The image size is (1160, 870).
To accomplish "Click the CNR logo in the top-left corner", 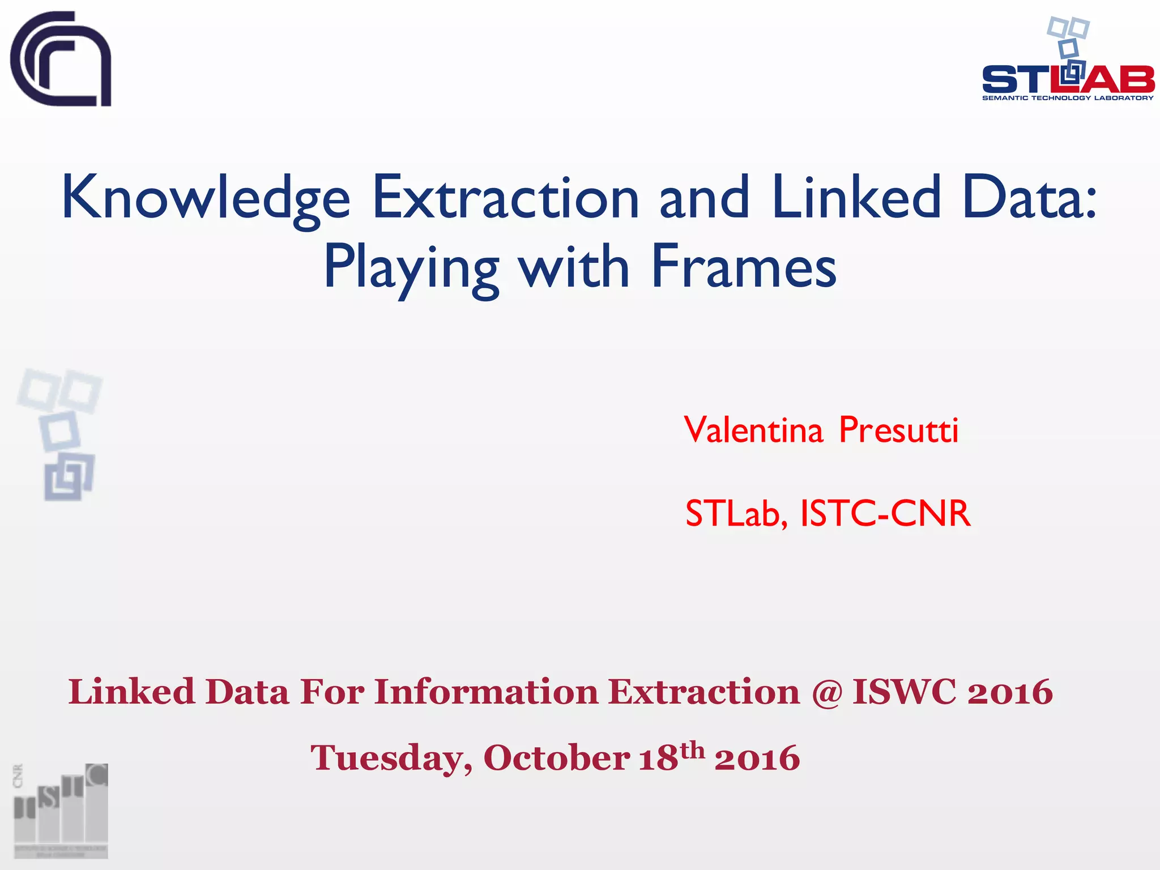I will point(61,59).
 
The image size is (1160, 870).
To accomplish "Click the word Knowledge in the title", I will point(206,198).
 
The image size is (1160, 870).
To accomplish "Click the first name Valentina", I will point(753,430).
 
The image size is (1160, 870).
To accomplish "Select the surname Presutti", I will point(898,430).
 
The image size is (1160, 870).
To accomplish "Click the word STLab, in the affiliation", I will point(736,514).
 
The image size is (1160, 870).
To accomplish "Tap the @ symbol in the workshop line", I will point(826,692).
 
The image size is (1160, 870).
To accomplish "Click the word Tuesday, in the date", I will point(391,758).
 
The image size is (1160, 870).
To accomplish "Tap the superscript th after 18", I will point(692,750).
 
